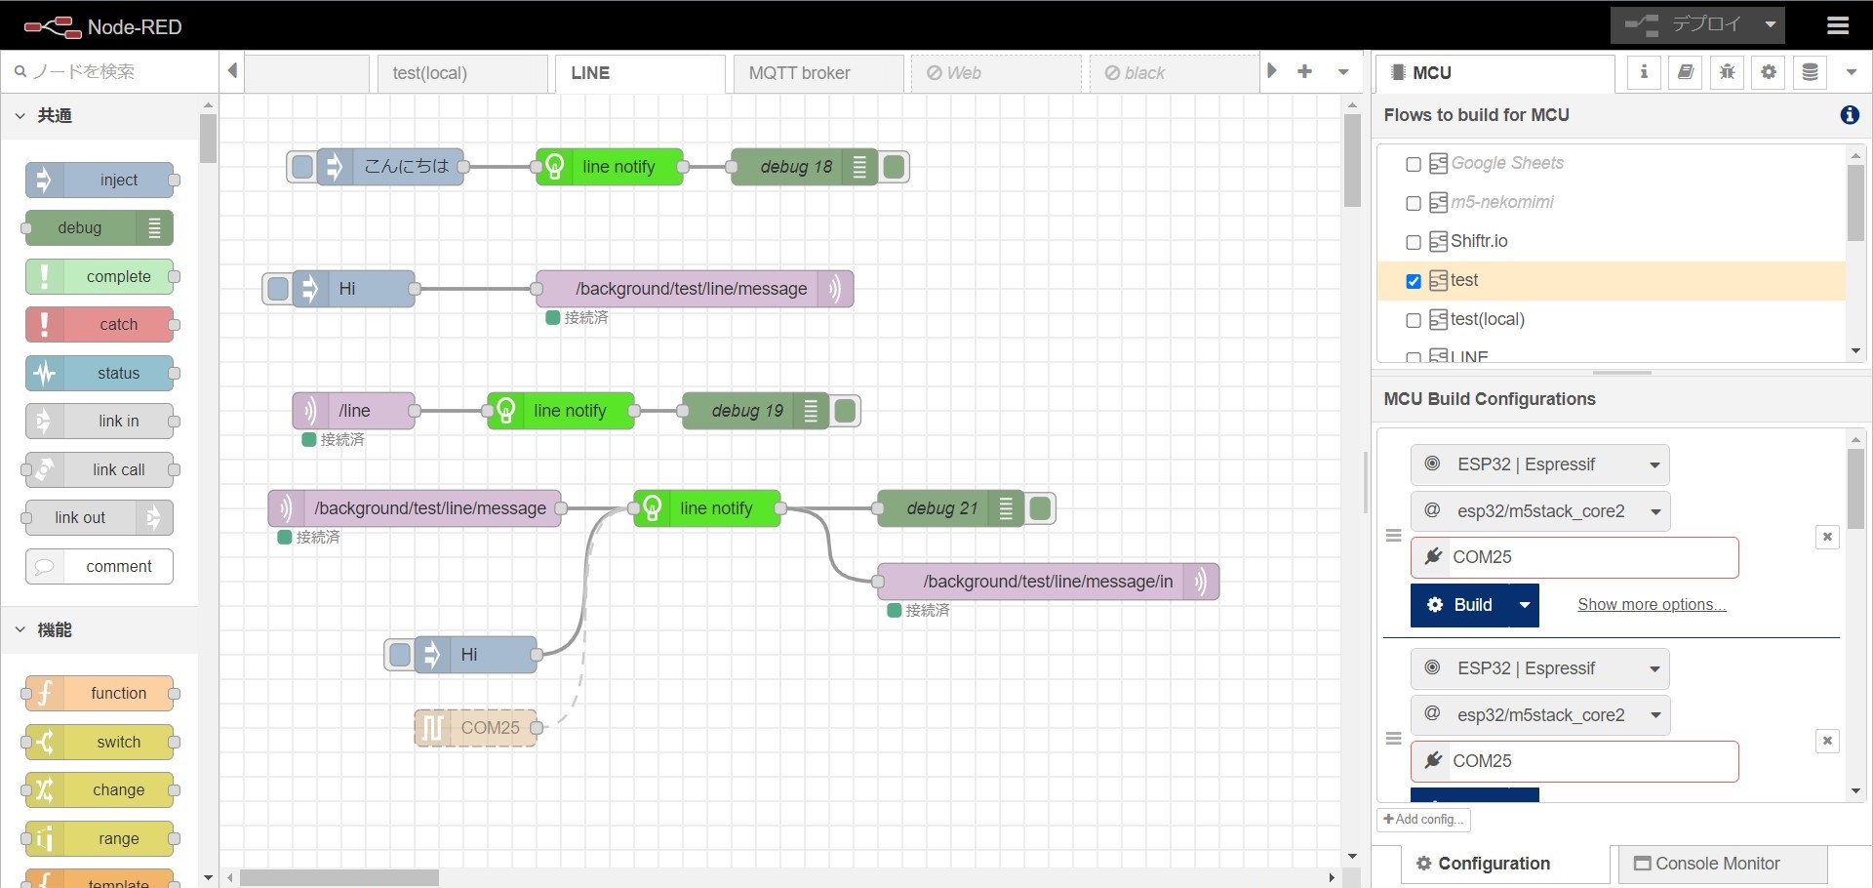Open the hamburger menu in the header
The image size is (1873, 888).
click(x=1838, y=25)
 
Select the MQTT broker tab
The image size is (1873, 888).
click(x=799, y=73)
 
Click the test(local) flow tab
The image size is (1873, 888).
click(x=430, y=73)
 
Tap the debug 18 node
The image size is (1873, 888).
click(x=796, y=167)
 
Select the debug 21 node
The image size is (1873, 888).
click(x=941, y=508)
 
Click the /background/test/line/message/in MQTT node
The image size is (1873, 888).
click(x=1048, y=582)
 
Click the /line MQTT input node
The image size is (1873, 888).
click(x=354, y=411)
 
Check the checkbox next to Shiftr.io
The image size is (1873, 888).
click(x=1413, y=242)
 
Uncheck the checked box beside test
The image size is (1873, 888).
click(x=1413, y=281)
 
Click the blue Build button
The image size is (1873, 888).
click(x=1459, y=605)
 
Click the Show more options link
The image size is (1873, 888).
click(x=1651, y=605)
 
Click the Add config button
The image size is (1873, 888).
click(x=1423, y=820)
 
